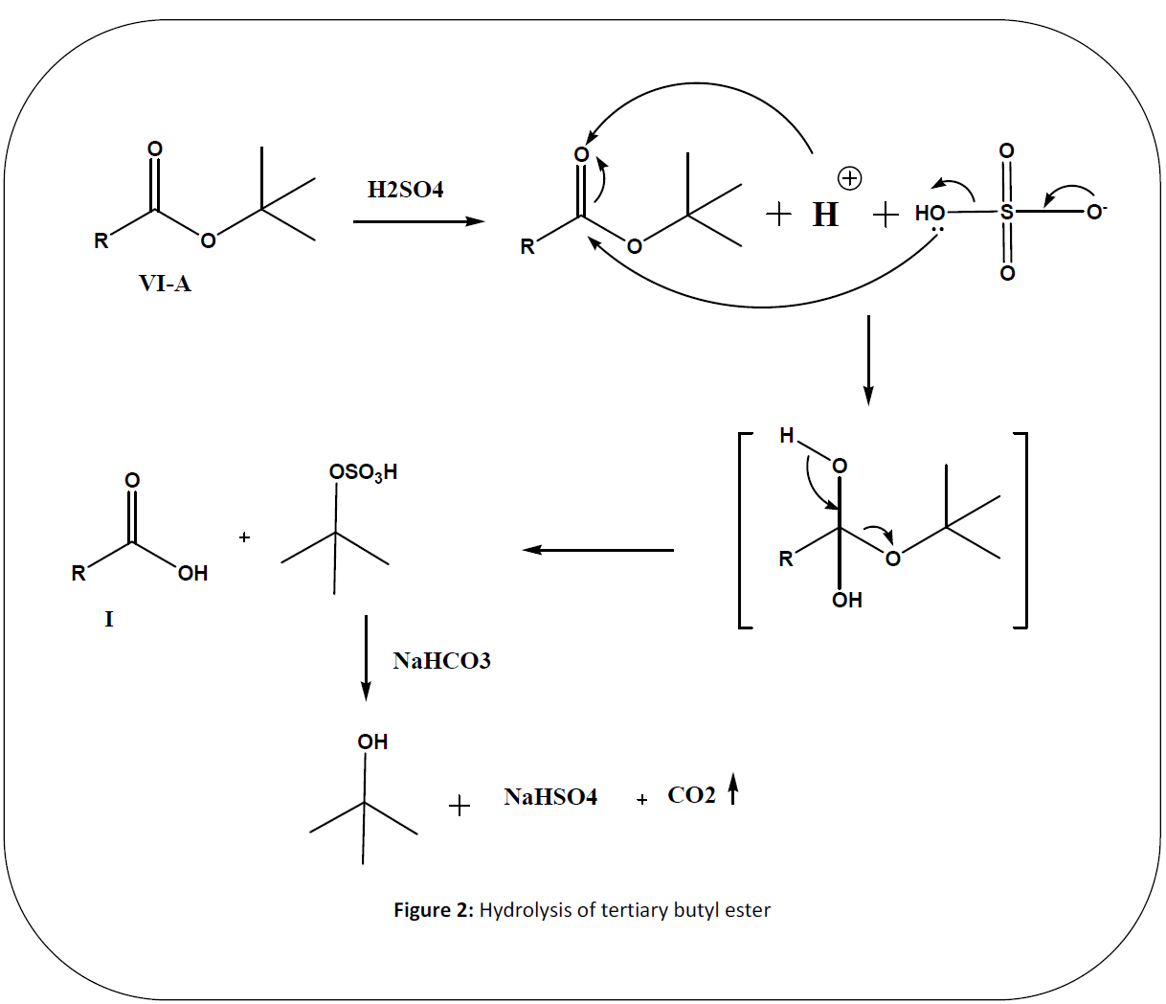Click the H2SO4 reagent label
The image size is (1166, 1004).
405,190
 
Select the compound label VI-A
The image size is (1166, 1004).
165,284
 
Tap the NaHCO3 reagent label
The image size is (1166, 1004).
441,661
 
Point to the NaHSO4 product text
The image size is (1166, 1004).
550,797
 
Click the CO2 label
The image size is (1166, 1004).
691,795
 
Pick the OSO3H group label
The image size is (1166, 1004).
363,472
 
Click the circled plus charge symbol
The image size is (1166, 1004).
849,178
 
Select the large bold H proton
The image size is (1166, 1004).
825,215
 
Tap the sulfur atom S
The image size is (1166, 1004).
1006,212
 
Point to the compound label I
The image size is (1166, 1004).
108,619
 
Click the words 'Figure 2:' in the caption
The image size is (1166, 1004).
434,910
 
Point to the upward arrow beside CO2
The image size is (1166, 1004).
732,789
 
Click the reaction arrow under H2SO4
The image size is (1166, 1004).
418,221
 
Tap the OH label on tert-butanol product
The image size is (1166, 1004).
372,742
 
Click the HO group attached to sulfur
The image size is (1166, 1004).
930,213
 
